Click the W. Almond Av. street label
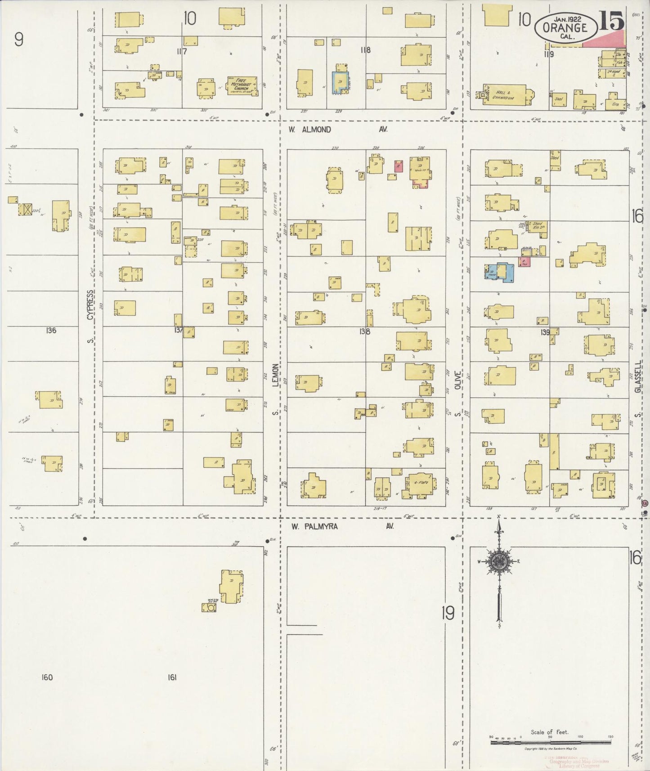point(337,130)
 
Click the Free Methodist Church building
point(242,85)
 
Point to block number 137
point(179,330)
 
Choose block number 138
point(364,332)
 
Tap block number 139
point(545,332)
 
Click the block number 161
point(171,677)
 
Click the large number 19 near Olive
point(448,613)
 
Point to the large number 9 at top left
point(18,40)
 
